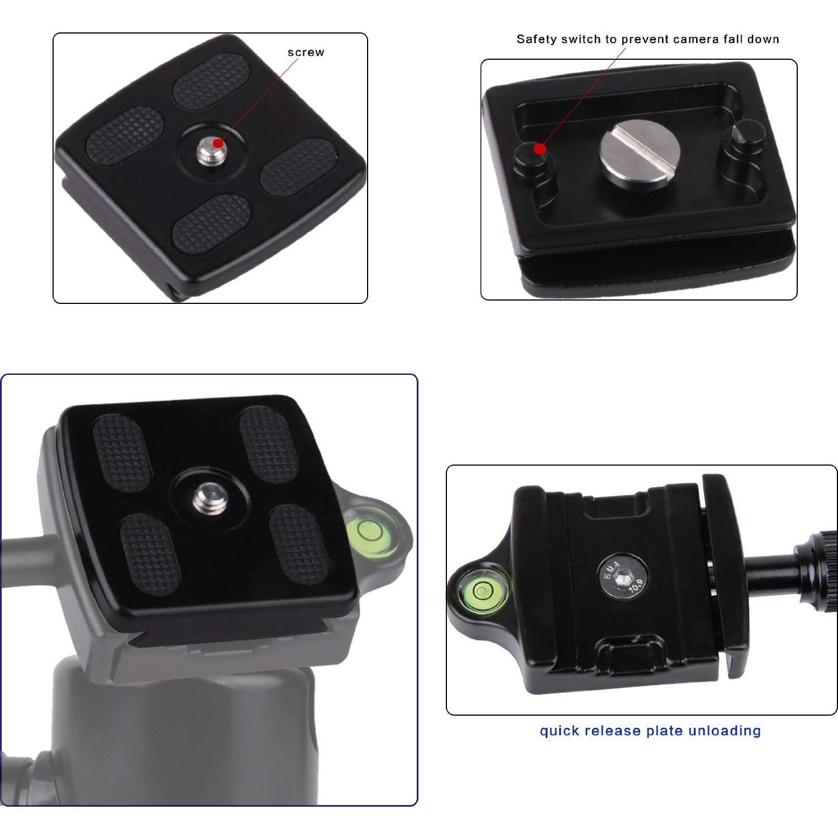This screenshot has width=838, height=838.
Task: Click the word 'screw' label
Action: pyautogui.click(x=306, y=53)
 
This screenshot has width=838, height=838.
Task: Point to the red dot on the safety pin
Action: pyautogui.click(x=539, y=149)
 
